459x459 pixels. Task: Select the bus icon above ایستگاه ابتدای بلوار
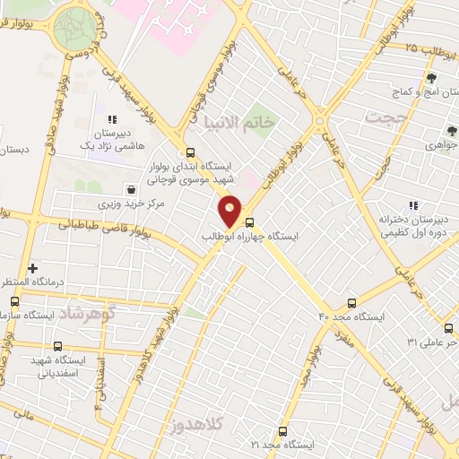pos(189,152)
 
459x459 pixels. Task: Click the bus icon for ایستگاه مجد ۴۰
pos(351,302)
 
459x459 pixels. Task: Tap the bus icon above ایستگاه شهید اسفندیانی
pos(58,346)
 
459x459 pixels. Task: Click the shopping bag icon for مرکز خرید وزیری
pos(133,189)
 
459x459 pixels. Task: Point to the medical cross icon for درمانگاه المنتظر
pos(33,268)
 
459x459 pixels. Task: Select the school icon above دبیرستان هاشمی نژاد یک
pos(112,118)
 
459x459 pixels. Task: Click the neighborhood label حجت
pos(386,117)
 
